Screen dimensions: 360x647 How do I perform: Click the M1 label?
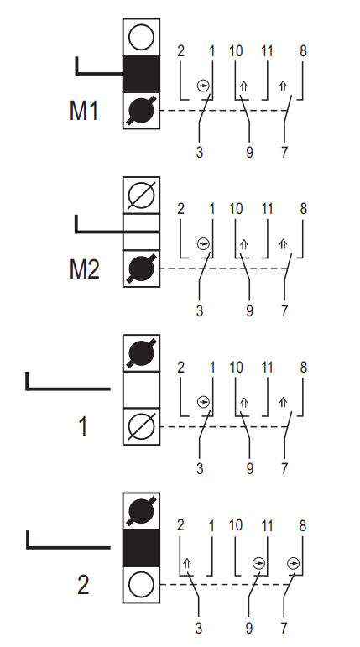(84, 111)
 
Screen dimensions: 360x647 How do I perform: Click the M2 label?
(84, 269)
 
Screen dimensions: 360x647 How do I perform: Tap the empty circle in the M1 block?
(141, 37)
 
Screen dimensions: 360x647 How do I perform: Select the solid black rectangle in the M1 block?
(141, 74)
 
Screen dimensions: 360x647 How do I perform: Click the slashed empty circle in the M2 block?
(141, 196)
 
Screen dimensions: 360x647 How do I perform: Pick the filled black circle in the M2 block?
(141, 269)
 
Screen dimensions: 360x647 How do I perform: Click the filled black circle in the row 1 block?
(141, 353)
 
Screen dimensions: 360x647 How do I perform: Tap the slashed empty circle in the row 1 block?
(141, 426)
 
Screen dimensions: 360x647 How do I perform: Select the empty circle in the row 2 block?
(141, 585)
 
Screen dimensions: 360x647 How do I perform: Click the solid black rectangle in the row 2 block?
(141, 548)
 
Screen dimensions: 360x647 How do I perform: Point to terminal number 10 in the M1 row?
(236, 51)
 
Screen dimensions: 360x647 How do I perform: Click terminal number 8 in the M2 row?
(304, 209)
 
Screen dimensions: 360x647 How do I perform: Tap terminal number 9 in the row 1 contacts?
(249, 469)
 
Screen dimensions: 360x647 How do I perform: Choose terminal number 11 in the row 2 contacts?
(267, 525)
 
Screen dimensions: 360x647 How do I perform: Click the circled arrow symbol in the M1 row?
(204, 86)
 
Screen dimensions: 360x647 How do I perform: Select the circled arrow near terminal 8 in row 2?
(293, 563)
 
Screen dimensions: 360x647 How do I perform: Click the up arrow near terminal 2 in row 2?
(186, 563)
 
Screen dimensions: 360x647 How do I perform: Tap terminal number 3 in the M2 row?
(200, 310)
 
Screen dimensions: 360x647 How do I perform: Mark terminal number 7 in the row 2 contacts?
(284, 628)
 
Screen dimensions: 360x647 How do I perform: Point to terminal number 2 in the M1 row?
(180, 51)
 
